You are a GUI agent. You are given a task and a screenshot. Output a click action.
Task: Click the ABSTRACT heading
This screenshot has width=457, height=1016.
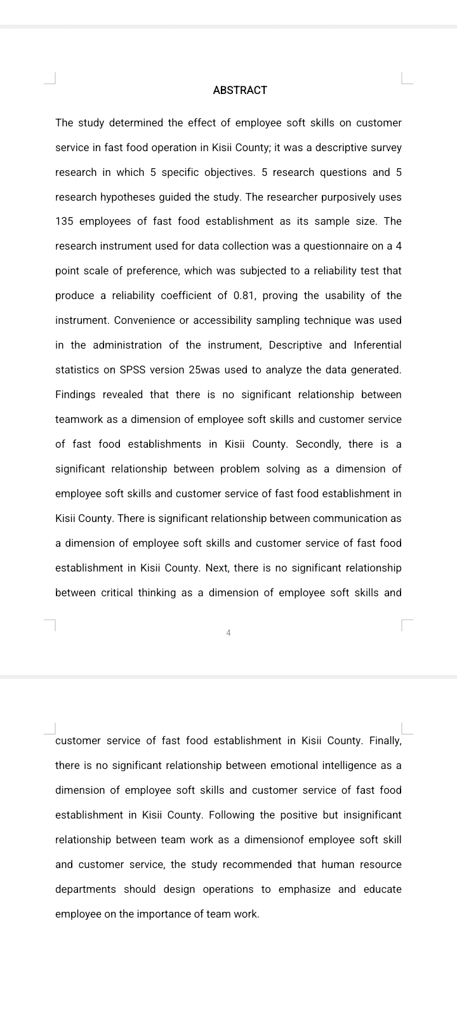point(240,90)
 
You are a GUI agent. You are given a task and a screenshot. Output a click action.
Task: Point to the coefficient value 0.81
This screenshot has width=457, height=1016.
point(245,296)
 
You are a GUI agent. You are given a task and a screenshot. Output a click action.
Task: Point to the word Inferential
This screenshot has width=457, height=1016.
point(378,345)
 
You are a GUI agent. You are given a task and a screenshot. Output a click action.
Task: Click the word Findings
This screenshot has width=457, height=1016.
point(76,395)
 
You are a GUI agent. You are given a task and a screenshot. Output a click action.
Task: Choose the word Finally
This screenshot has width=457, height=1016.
point(385,741)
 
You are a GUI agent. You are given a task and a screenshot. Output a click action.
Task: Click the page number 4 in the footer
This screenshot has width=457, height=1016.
point(228,633)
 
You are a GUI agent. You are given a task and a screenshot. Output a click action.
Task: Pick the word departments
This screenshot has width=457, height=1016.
point(86,890)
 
